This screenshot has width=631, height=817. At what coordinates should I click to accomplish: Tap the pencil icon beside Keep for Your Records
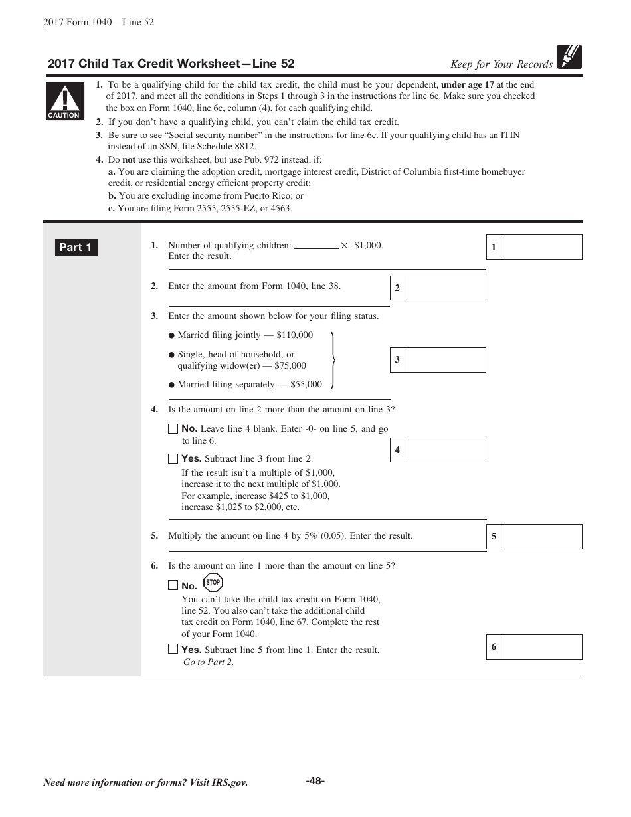[x=569, y=56]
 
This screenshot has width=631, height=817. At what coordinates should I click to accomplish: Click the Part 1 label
[x=76, y=248]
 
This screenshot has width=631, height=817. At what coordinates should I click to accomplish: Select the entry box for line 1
[x=541, y=247]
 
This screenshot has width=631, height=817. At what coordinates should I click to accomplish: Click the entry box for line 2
[x=444, y=288]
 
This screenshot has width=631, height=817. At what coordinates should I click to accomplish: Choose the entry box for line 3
[x=444, y=360]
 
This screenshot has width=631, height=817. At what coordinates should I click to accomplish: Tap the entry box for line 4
[x=444, y=450]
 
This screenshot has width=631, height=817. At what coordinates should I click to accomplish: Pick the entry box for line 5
[x=541, y=537]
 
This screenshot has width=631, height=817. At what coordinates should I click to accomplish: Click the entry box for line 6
[x=541, y=647]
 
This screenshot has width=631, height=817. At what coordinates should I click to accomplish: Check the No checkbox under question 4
[x=173, y=429]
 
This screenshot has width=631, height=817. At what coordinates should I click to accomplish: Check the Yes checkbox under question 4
[x=173, y=458]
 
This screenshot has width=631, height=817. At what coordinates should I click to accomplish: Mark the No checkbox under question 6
[x=173, y=585]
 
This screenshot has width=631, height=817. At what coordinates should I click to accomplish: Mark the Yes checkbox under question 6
[x=173, y=649]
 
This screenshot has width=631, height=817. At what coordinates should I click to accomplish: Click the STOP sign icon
[x=213, y=583]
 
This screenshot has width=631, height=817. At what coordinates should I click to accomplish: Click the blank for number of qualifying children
[x=316, y=246]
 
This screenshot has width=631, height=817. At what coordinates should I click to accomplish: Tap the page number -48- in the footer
[x=315, y=781]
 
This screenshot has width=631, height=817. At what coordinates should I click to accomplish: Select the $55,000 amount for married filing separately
[x=306, y=385]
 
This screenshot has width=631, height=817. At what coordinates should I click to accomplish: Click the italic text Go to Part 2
[x=209, y=662]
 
